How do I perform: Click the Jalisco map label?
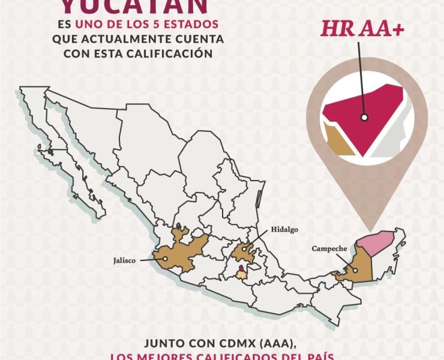click(x=125, y=261)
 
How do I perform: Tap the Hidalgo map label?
click(x=284, y=229)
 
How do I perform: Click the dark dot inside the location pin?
click(x=363, y=118)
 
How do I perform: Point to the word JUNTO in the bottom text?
click(x=161, y=344)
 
